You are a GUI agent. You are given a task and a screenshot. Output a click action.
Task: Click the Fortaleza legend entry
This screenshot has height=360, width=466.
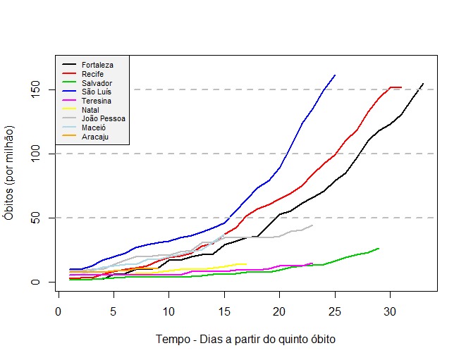tap(97, 65)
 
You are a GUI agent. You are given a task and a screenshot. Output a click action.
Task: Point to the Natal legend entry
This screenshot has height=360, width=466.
tap(90, 110)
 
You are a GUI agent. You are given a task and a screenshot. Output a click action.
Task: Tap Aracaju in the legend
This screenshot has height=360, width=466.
tap(94, 137)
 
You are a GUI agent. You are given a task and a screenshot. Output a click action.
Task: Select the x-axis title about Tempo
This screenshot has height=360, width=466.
tap(245, 339)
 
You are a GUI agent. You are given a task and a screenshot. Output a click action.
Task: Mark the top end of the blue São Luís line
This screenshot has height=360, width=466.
tap(335, 75)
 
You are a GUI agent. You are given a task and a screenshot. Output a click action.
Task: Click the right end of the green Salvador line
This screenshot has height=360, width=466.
tap(379, 248)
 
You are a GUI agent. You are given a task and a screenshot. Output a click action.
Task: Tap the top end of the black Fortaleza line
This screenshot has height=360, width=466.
tap(423, 84)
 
